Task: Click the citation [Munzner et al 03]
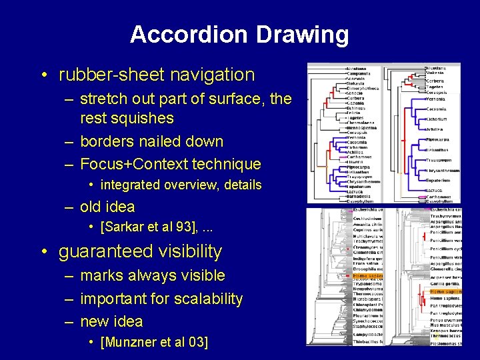154,343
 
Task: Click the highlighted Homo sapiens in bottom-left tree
367,275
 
